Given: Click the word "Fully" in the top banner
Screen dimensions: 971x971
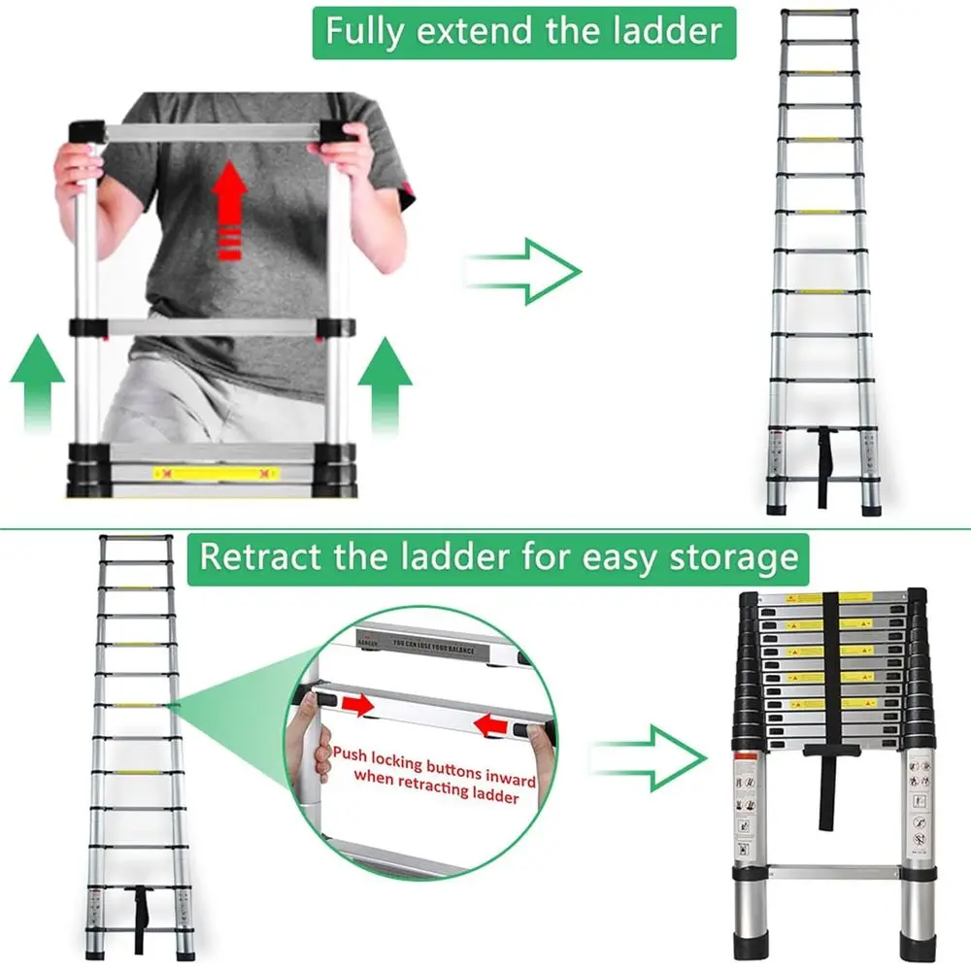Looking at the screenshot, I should pyautogui.click(x=363, y=31).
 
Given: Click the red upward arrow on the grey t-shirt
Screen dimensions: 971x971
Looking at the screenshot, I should pyautogui.click(x=229, y=209).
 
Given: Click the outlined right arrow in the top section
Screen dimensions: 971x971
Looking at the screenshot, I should pyautogui.click(x=524, y=270).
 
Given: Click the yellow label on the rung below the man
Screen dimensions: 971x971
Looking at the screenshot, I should pyautogui.click(x=216, y=474).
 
